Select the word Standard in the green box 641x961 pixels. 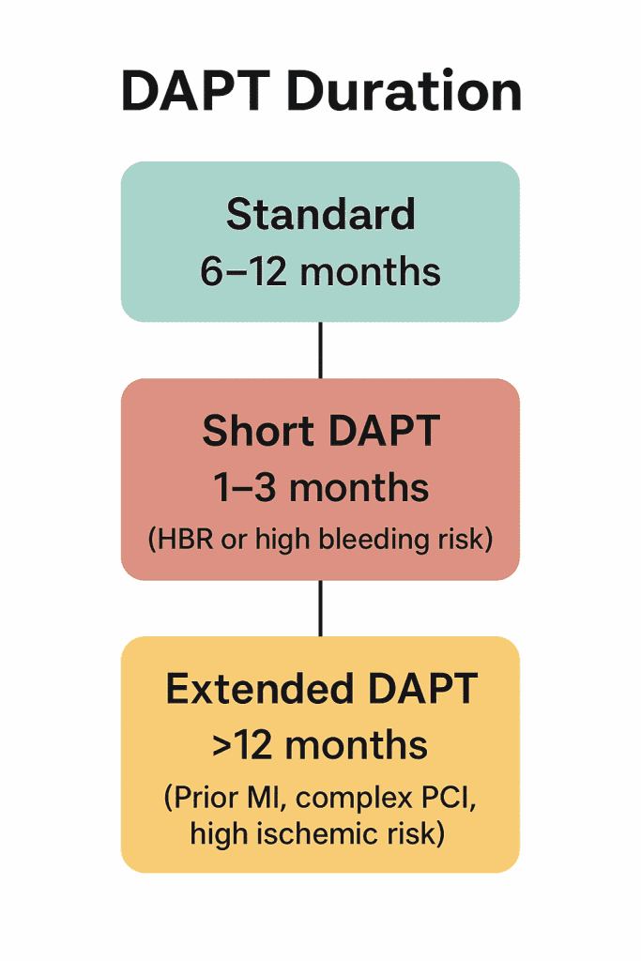[x=320, y=215]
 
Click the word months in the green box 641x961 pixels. [x=372, y=271]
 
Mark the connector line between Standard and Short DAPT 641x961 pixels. [x=320, y=350]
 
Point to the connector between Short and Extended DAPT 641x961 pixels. [x=320, y=607]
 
